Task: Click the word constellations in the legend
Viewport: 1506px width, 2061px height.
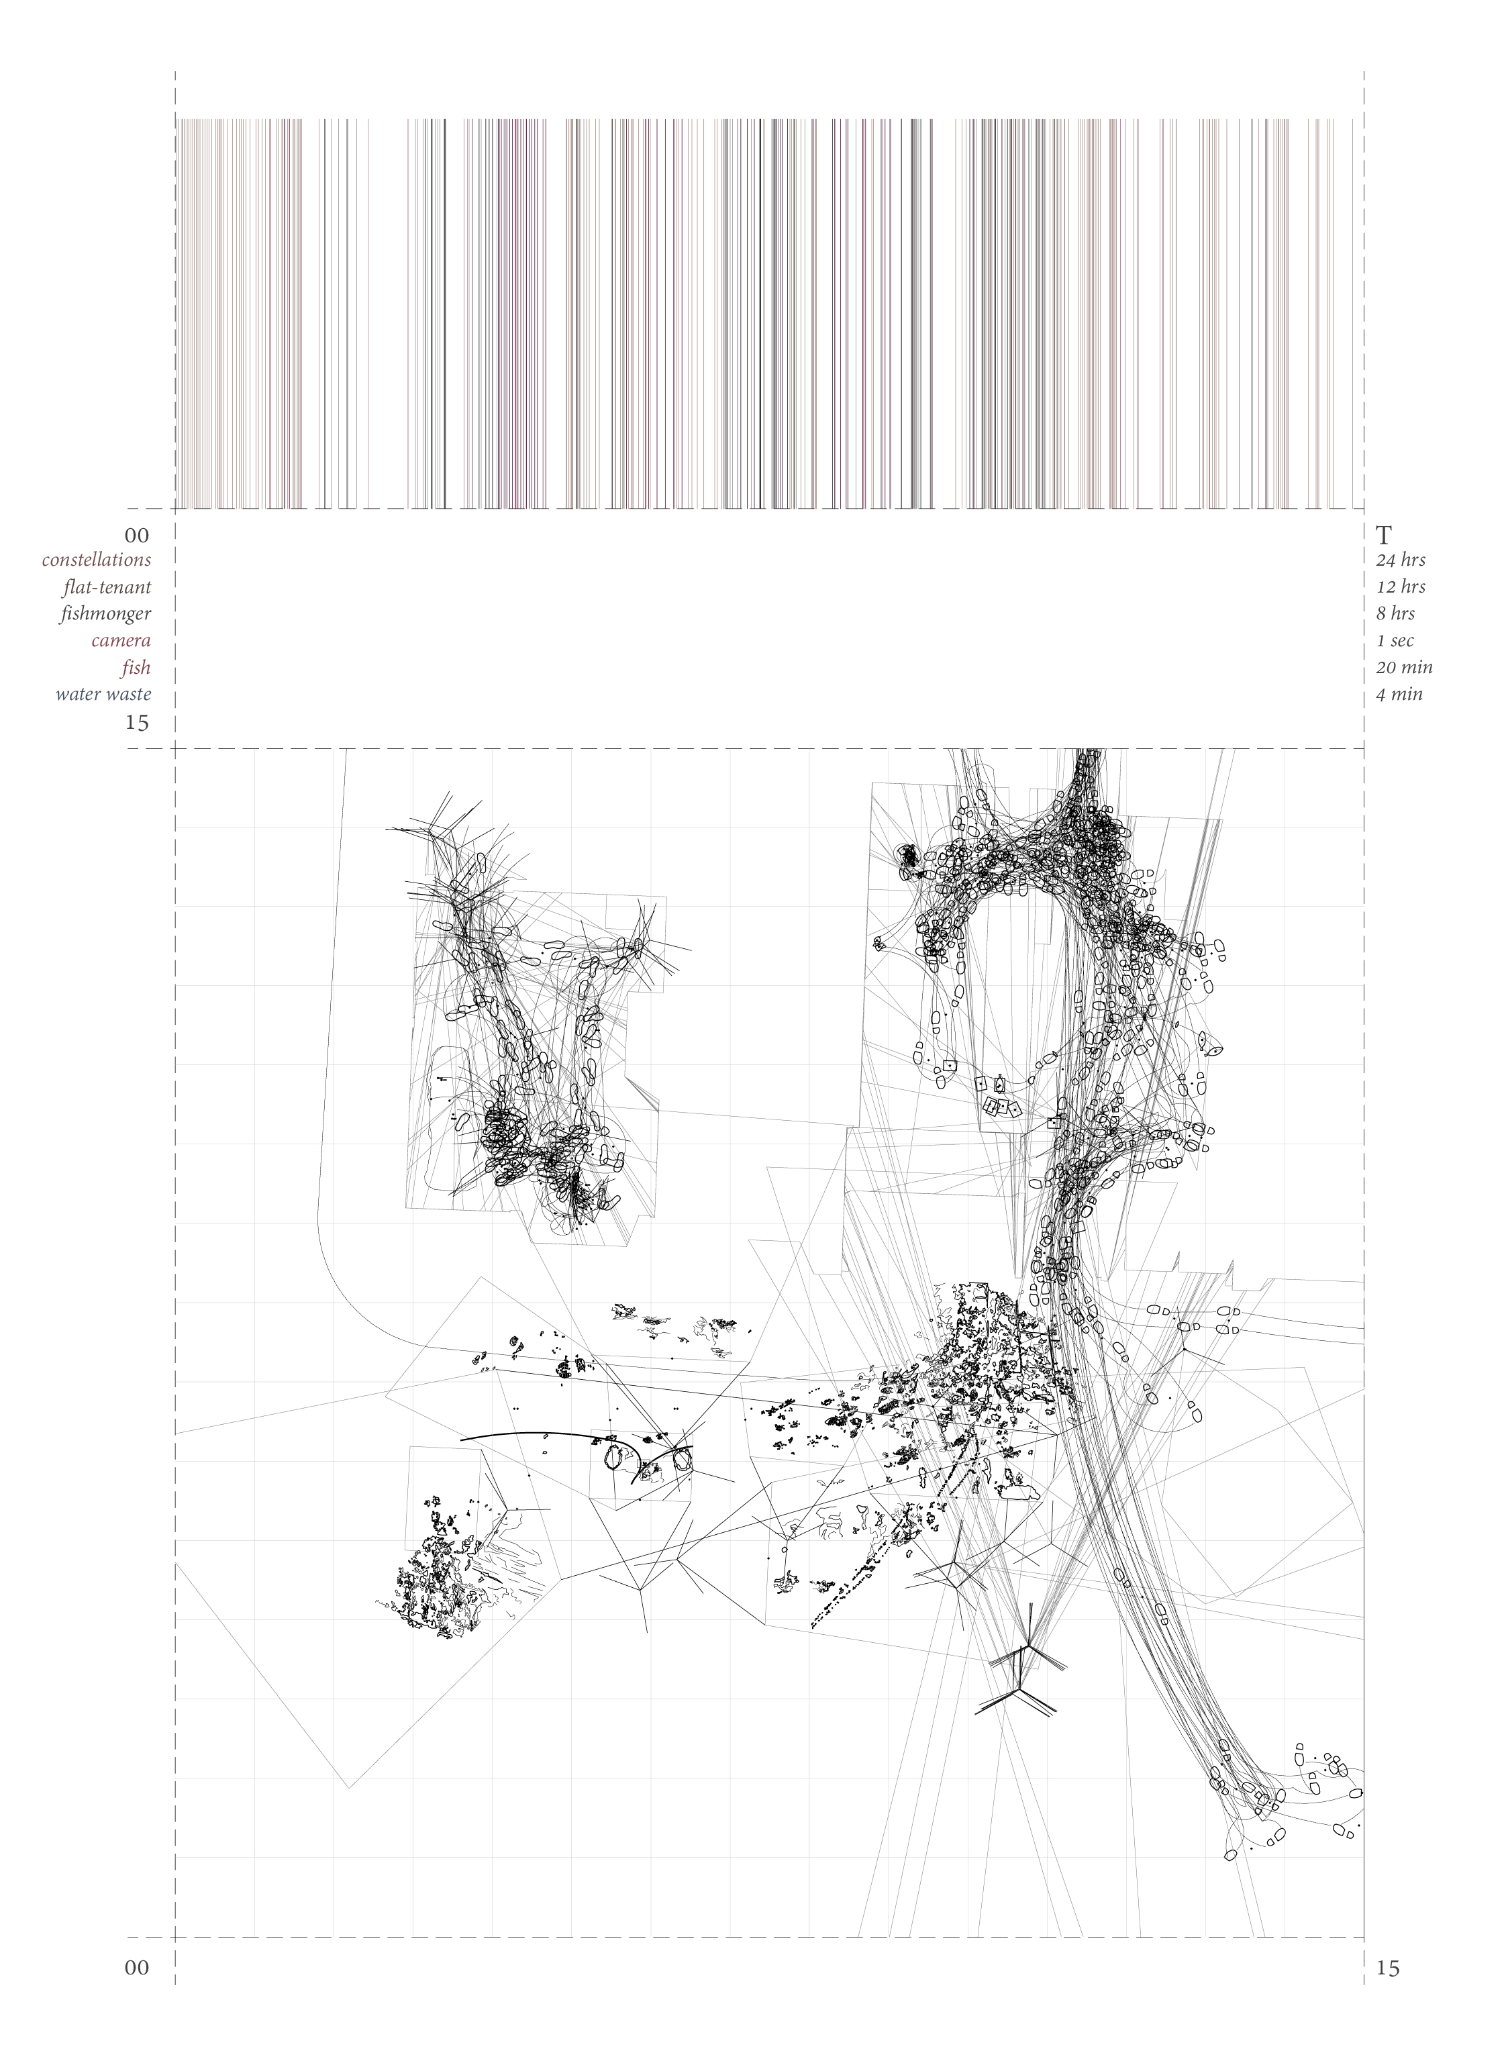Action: [x=96, y=560]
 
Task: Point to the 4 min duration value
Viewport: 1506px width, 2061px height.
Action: [x=1399, y=695]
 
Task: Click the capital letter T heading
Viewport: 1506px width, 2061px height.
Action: [x=1384, y=534]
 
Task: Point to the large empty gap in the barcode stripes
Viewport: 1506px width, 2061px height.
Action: [x=381, y=310]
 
